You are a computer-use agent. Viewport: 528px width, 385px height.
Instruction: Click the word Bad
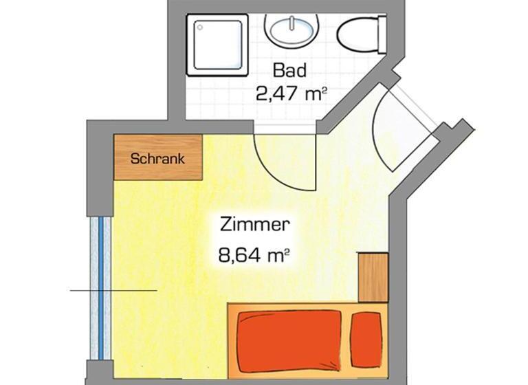tap(289, 69)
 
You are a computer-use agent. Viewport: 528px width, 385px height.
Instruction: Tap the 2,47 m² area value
tap(289, 93)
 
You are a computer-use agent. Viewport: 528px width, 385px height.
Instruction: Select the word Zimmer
tap(254, 224)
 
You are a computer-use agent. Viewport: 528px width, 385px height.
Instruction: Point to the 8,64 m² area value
tap(253, 256)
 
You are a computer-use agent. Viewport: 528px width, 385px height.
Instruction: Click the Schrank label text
tap(157, 158)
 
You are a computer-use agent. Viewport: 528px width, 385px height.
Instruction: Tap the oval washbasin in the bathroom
tap(291, 30)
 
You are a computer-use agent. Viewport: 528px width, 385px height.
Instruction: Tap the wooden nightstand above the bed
tap(373, 277)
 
